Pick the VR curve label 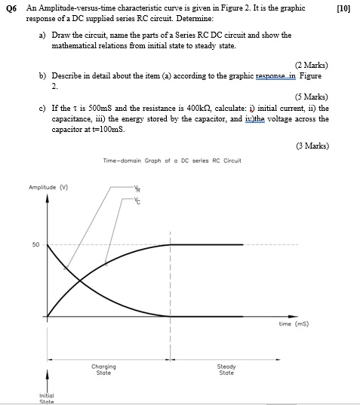[137, 188]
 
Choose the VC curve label [137, 198]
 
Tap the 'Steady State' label [226, 370]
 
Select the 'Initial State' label [48, 399]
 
